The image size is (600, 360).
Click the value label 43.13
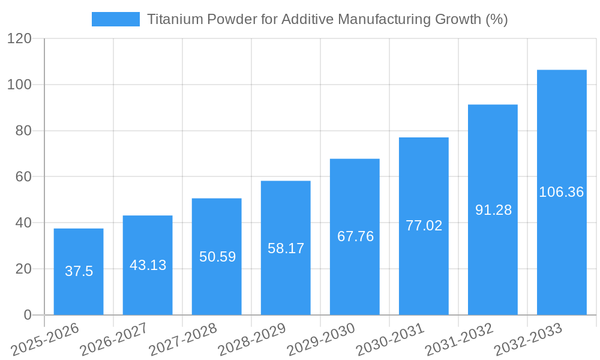(x=148, y=265)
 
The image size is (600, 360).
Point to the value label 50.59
(x=217, y=257)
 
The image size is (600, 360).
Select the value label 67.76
(x=355, y=236)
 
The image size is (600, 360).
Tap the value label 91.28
(x=493, y=210)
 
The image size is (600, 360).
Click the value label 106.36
(x=562, y=192)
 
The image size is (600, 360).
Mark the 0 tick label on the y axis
(x=27, y=315)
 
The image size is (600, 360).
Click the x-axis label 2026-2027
(x=114, y=340)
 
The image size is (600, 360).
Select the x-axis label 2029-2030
(x=321, y=340)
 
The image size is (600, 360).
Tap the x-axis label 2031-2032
(x=459, y=340)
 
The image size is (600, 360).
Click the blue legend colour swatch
(x=115, y=19)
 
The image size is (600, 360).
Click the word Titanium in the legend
(x=174, y=19)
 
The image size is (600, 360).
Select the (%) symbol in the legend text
(x=496, y=19)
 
